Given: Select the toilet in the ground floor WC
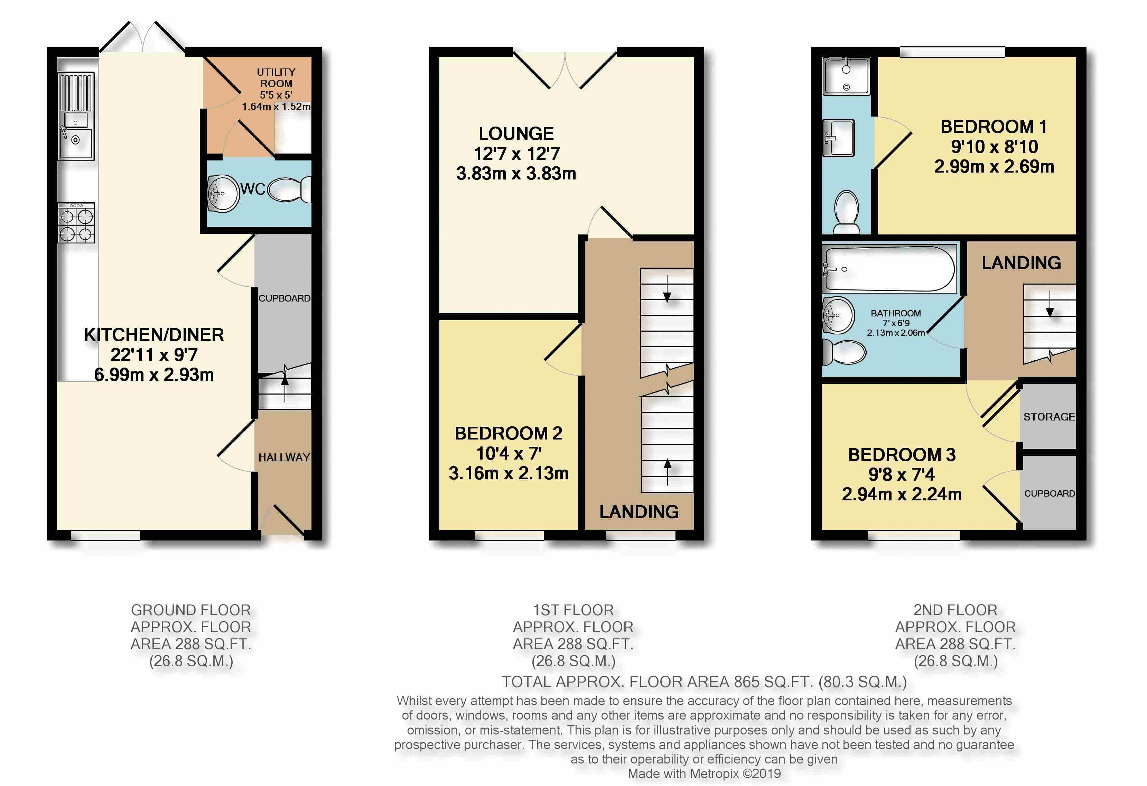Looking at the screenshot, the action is click(x=290, y=189).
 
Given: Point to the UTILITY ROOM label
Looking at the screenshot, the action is click(x=276, y=78).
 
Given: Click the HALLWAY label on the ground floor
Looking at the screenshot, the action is click(x=284, y=458).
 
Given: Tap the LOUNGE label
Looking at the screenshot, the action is click(x=516, y=133).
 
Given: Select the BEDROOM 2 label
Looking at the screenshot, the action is click(x=509, y=434).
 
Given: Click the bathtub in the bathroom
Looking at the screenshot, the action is click(x=890, y=269).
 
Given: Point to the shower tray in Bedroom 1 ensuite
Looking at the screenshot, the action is click(x=847, y=75).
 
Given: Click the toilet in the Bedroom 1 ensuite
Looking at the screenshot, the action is click(x=847, y=212).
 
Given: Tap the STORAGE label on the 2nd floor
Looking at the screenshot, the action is click(x=1049, y=417).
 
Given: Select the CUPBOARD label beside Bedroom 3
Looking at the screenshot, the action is click(x=1049, y=493).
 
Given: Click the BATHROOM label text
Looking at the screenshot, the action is click(x=896, y=313).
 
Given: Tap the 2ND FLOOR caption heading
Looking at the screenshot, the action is click(x=955, y=610).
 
